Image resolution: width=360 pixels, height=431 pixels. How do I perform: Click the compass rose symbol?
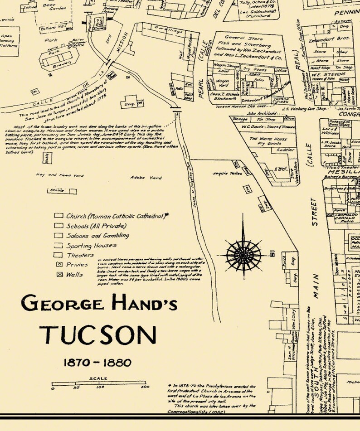[x=243, y=252]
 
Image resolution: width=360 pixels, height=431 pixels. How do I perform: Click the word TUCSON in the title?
[x=97, y=334]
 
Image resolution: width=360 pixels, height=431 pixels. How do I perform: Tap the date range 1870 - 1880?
[x=97, y=363]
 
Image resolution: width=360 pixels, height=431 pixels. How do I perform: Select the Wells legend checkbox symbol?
[x=59, y=274]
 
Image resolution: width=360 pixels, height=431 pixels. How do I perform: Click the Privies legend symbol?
[x=59, y=264]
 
